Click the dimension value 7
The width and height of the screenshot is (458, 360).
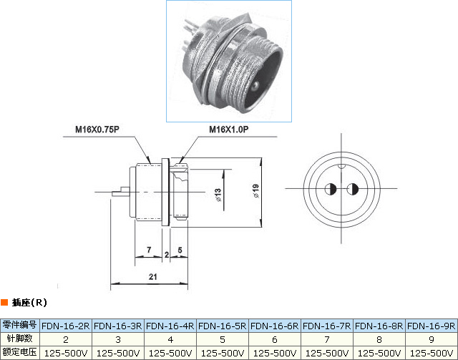(148, 250)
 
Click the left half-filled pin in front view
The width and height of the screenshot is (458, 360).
(331, 190)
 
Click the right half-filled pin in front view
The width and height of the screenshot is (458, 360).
(353, 190)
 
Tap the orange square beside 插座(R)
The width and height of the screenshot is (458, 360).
(5, 302)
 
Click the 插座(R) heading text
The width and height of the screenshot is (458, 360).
(29, 302)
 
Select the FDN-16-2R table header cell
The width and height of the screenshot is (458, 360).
(66, 325)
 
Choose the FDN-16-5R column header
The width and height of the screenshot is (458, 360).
(223, 325)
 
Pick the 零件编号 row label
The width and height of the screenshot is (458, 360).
(20, 325)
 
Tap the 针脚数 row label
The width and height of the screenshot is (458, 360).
(20, 339)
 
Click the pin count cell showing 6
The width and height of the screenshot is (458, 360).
(276, 339)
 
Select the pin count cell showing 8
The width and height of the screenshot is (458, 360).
(380, 339)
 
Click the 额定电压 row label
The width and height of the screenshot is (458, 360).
(20, 353)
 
